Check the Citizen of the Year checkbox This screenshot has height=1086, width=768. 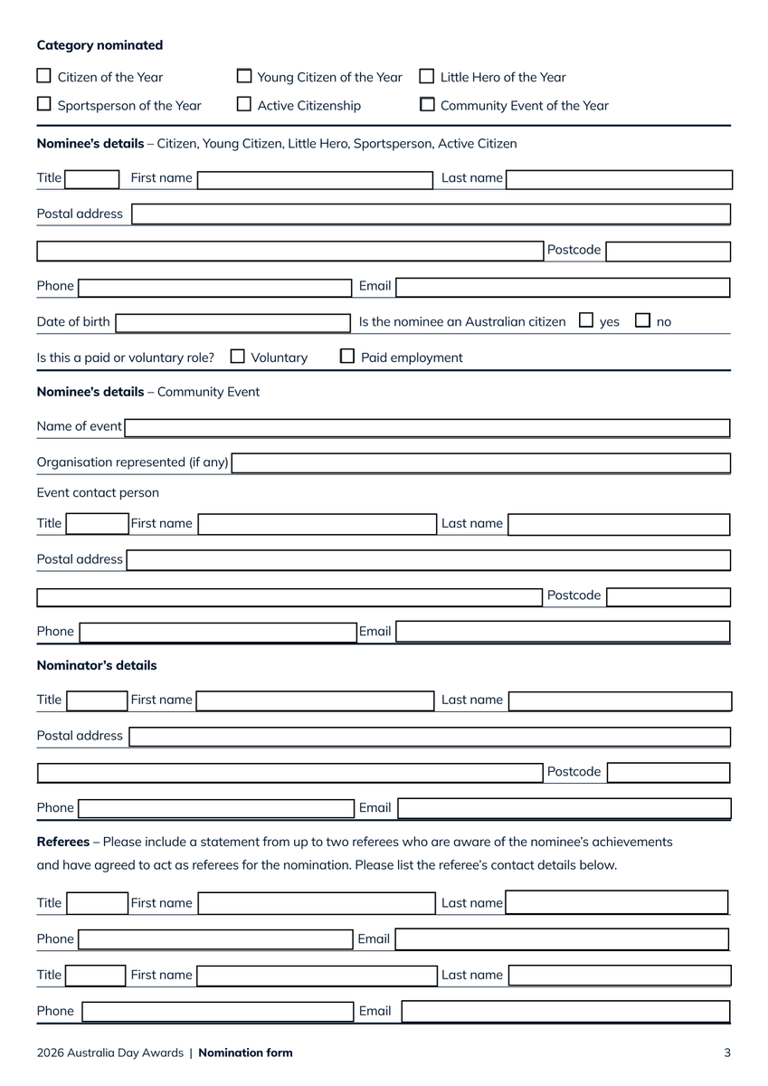(x=44, y=76)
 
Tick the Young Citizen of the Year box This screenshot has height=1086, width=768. (x=244, y=76)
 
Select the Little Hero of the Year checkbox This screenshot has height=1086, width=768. (x=427, y=76)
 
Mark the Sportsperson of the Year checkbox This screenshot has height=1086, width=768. (x=44, y=104)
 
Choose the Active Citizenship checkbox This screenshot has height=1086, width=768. (x=244, y=104)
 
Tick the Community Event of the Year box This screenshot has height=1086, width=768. (x=427, y=104)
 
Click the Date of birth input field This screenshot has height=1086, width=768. (x=232, y=322)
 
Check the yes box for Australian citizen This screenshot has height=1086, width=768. (x=586, y=320)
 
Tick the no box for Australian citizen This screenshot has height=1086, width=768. (x=643, y=320)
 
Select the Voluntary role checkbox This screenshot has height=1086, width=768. (x=238, y=357)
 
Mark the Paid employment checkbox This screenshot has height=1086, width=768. (x=347, y=357)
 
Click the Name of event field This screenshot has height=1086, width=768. (x=427, y=427)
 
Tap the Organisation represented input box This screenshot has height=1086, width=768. (x=480, y=463)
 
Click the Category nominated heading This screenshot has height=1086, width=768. (x=100, y=45)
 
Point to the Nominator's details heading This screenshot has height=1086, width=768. (x=97, y=665)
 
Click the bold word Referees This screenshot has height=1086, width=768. (x=62, y=842)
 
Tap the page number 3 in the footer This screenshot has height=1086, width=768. (x=727, y=1053)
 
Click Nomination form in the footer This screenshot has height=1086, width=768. (x=245, y=1053)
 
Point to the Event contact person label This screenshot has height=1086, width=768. (x=98, y=493)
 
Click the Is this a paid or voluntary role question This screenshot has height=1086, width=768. (x=126, y=357)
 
